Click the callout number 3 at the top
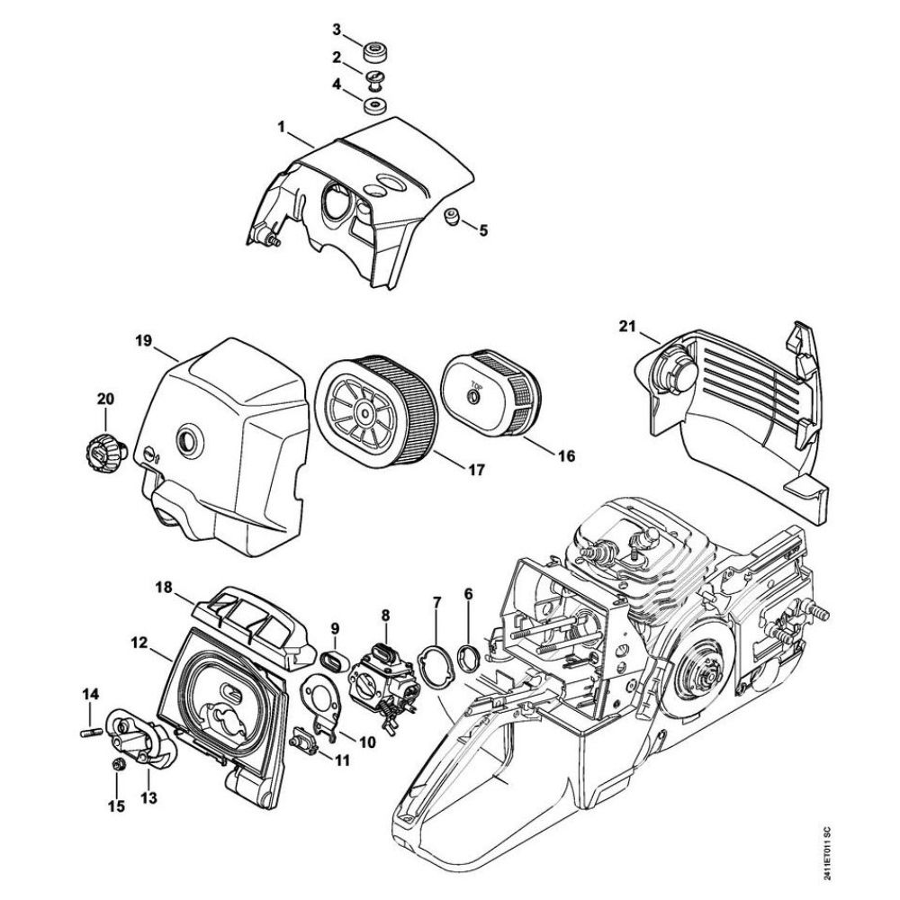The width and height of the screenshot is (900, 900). [337, 31]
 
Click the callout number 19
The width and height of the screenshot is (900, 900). [143, 342]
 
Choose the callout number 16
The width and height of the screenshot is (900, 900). [565, 456]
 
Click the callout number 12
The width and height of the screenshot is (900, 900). [138, 643]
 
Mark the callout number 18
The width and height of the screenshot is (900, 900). [163, 587]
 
